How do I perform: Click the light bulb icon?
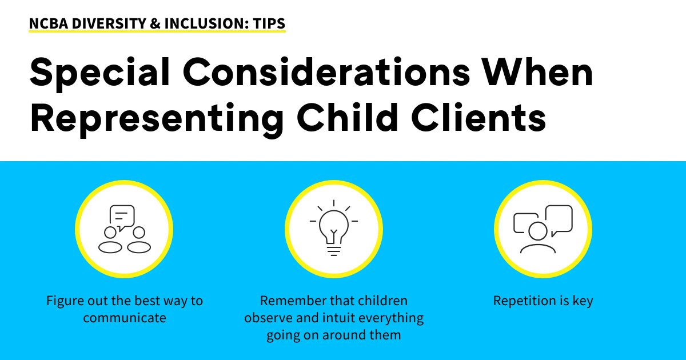click(x=333, y=229)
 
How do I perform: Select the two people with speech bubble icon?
click(x=124, y=229)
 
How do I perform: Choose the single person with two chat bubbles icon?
click(x=543, y=229)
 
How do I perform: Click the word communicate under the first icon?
click(x=125, y=318)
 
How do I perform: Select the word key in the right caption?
click(x=582, y=301)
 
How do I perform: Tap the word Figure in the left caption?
click(x=65, y=301)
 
